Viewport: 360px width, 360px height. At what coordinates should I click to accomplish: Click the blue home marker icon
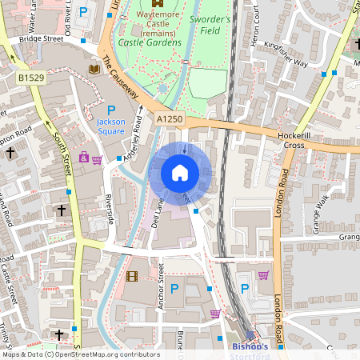pos(180,173)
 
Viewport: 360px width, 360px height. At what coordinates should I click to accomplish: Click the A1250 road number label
pos(169,118)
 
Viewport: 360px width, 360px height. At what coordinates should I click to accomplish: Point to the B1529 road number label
pos(30,78)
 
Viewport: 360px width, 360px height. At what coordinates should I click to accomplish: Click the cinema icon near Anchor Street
pos(132,276)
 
